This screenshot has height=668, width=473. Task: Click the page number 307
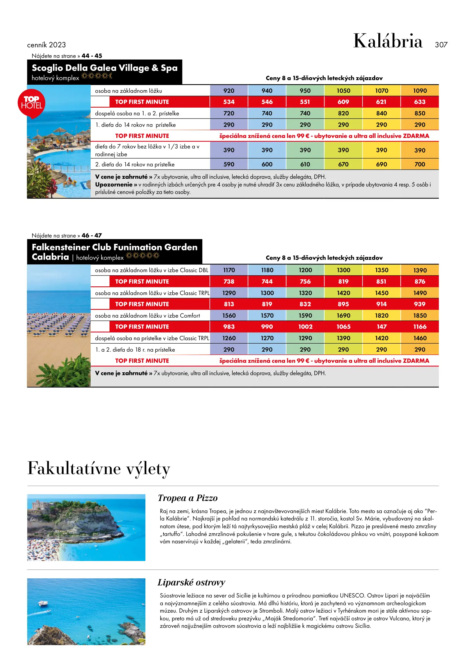(441, 45)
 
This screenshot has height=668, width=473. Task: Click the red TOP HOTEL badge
(31, 103)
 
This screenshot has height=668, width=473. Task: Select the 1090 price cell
(420, 91)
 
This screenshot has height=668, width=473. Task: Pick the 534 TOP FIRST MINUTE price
(229, 102)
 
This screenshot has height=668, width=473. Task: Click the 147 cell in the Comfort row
(381, 327)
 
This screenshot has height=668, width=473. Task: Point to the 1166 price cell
(420, 327)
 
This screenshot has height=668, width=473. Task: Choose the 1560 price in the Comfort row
(229, 315)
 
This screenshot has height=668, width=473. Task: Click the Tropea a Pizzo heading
(187, 498)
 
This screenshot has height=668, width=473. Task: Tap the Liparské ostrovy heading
(191, 582)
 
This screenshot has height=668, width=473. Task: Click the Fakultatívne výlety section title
(99, 469)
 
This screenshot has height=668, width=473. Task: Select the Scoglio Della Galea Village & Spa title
(105, 68)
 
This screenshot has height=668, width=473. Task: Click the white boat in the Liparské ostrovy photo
(42, 603)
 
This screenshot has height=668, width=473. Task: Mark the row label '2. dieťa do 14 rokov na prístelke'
(135, 165)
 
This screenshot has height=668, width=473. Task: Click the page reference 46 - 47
(92, 235)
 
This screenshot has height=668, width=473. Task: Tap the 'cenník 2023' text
(46, 45)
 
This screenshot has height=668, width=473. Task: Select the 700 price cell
(420, 164)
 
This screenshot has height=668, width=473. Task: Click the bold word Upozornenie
(114, 185)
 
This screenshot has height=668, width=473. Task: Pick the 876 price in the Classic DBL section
(420, 281)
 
